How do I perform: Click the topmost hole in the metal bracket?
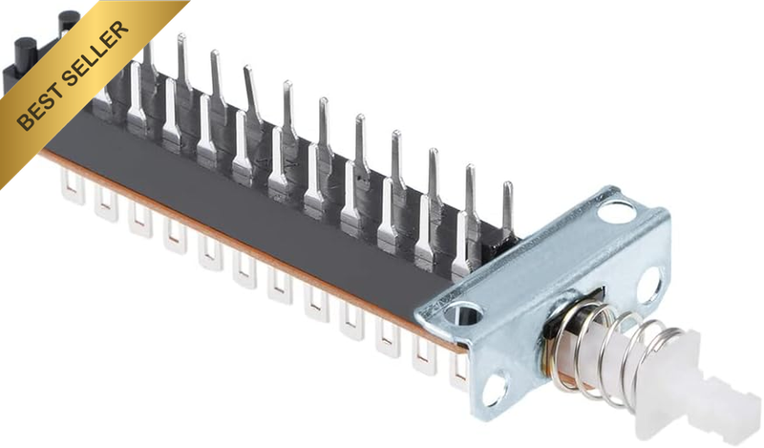pos(615,210)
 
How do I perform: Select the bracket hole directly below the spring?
pos(495,388)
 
